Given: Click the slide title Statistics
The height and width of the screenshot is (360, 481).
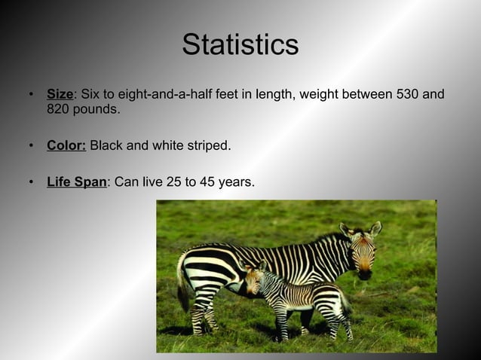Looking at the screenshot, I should click(240, 45).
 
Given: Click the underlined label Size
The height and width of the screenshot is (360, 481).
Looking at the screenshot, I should click(60, 94).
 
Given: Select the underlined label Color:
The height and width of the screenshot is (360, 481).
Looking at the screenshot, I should click(66, 145).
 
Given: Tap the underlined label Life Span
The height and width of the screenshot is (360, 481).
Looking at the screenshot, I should click(76, 182).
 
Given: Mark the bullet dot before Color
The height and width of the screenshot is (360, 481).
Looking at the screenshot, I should click(31, 145).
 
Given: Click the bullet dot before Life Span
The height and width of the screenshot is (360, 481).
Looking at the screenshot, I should click(31, 182).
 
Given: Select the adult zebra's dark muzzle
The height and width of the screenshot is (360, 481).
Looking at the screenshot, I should click(365, 273).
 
